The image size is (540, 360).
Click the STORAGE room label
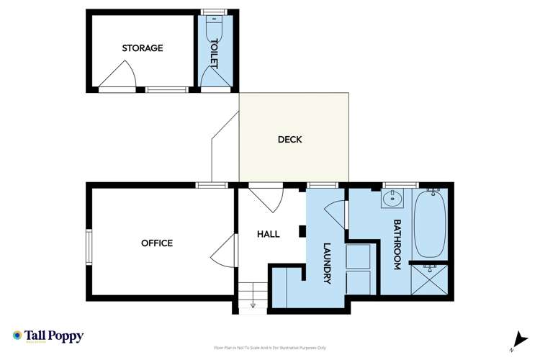142,48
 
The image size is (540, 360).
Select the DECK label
289,140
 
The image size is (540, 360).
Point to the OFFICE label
157,243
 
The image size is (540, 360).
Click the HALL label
269,234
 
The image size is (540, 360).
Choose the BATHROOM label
396,245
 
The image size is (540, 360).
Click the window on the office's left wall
89,244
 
